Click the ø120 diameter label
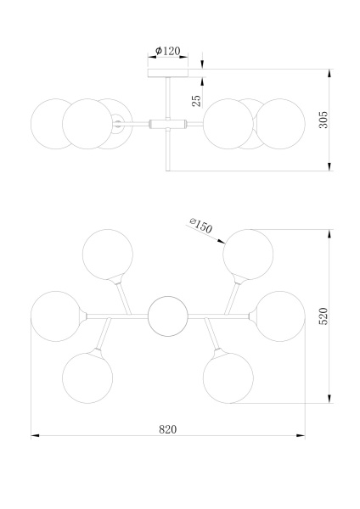(167, 51)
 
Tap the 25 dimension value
(196, 101)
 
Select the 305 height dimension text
(323, 120)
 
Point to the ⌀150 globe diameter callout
(200, 226)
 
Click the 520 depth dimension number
(323, 316)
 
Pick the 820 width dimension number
(168, 429)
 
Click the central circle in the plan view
(167, 316)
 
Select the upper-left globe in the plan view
(108, 255)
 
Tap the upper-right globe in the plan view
(248, 255)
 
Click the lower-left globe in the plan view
(87, 378)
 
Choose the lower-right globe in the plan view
(228, 378)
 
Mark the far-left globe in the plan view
(56, 316)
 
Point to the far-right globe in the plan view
(279, 316)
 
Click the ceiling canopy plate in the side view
(167, 73)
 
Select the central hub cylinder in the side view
(167, 124)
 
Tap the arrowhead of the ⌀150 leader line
(222, 241)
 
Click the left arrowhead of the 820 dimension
(35, 435)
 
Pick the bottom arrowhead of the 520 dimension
(329, 399)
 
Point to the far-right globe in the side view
(279, 124)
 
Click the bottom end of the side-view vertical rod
(167, 171)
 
